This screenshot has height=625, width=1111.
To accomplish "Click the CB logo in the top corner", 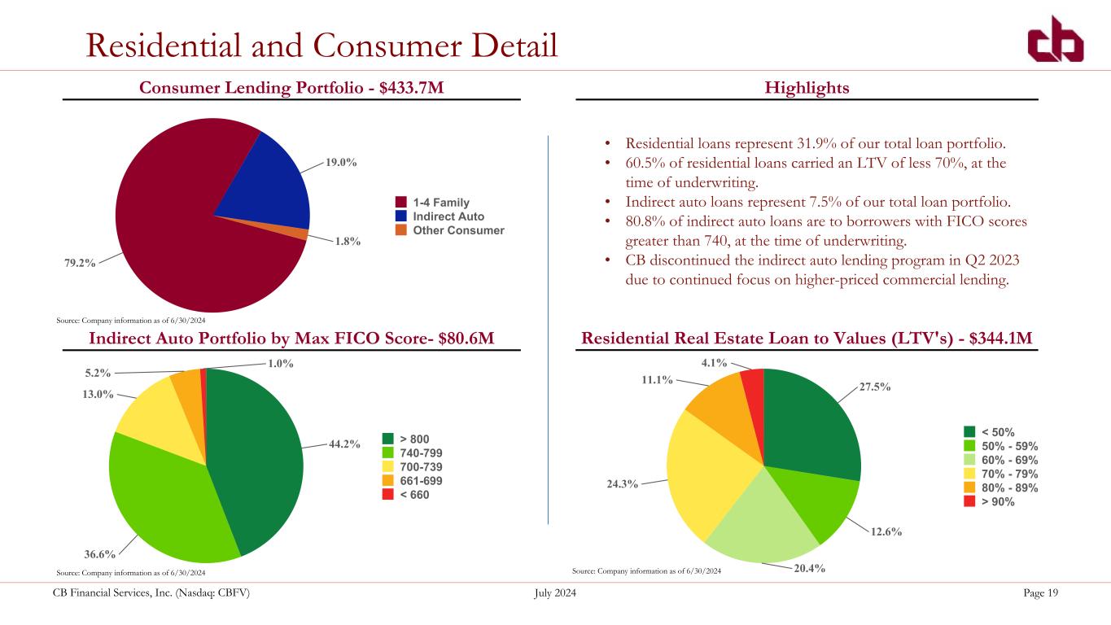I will point(1054,41).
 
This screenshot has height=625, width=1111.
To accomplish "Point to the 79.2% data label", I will point(81,262).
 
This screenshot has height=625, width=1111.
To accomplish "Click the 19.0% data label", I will point(341,163).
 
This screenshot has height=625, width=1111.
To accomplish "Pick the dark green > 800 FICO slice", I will point(260,456).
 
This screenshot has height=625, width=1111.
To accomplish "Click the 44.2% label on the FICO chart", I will point(344,444).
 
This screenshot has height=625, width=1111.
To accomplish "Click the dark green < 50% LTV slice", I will point(810,423).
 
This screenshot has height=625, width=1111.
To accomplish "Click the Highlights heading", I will point(807,87).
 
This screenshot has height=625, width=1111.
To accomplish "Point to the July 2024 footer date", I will point(555,593).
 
